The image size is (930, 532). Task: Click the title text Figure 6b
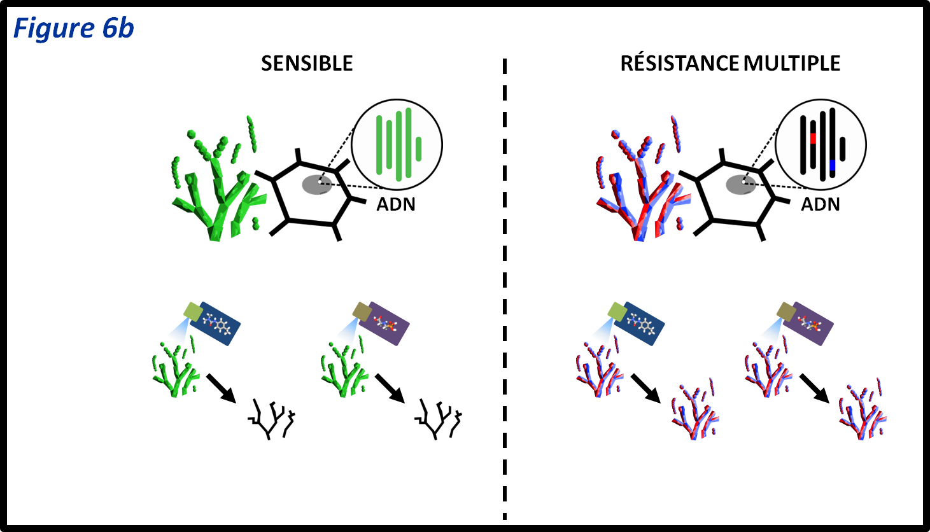(x=73, y=29)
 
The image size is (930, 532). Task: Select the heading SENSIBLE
(x=307, y=64)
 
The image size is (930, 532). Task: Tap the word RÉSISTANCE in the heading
(x=679, y=64)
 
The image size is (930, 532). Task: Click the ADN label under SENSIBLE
(x=396, y=204)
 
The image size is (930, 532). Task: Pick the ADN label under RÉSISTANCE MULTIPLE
(x=820, y=204)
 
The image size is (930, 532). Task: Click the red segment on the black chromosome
(x=813, y=138)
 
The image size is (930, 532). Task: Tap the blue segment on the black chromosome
(x=832, y=165)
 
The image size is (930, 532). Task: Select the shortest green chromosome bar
(x=418, y=149)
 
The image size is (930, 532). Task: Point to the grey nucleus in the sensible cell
(x=316, y=185)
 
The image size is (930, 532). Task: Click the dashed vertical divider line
(x=505, y=286)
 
